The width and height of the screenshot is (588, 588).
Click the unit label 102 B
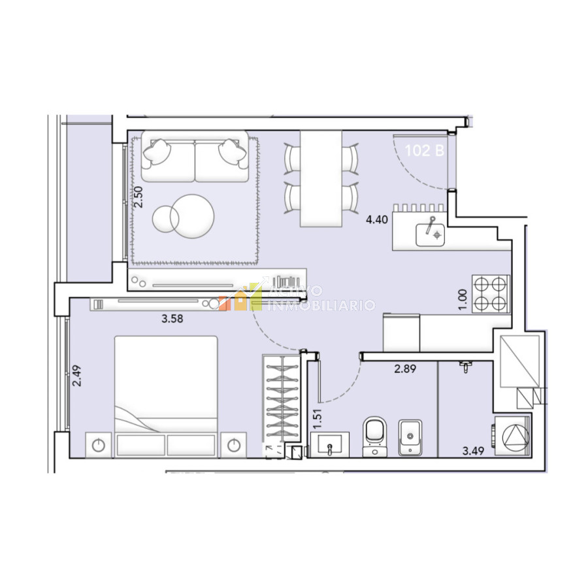point(425,151)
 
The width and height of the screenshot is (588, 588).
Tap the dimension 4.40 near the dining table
point(377,220)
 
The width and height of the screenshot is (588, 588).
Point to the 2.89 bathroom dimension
point(405,368)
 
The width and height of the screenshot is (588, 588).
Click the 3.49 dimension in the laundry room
point(473,450)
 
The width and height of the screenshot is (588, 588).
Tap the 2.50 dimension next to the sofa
point(138,197)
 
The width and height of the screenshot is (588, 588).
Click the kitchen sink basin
point(431,232)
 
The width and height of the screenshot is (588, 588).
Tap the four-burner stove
point(491,293)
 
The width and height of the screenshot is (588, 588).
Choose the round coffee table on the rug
point(184,214)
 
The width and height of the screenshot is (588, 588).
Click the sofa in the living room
point(195,157)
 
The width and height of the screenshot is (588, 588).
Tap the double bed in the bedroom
point(166,395)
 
